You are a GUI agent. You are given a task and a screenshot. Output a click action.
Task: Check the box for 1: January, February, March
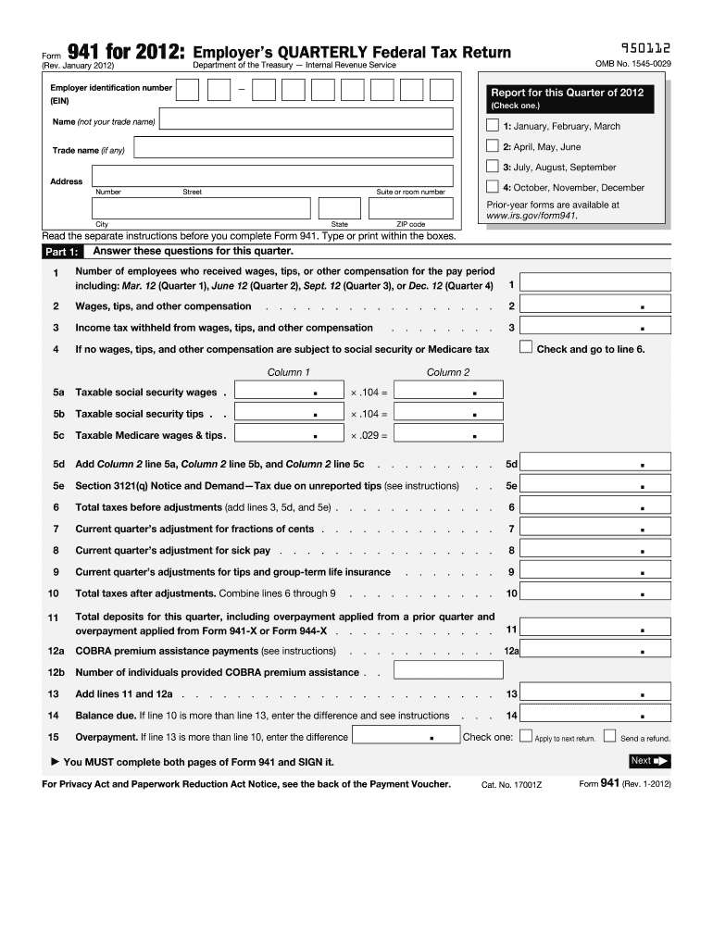[x=492, y=126]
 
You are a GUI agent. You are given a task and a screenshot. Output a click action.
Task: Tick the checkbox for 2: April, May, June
[x=492, y=146]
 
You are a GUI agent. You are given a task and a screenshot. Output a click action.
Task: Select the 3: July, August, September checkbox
[x=492, y=167]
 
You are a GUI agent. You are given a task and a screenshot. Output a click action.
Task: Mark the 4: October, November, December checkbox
[x=492, y=187]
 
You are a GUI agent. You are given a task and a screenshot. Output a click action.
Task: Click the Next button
[x=649, y=761]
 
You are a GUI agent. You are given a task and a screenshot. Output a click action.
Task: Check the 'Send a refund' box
[x=609, y=737]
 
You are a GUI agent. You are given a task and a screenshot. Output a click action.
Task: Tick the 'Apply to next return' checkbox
[x=526, y=737]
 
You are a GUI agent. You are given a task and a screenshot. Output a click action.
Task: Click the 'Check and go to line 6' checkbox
[x=526, y=348]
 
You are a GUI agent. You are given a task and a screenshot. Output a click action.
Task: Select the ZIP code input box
[x=411, y=207]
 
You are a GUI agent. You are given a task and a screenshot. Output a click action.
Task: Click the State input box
[x=340, y=207]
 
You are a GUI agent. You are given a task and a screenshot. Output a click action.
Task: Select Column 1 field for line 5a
[x=289, y=391]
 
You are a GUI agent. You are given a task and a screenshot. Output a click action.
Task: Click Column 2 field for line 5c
[x=448, y=434]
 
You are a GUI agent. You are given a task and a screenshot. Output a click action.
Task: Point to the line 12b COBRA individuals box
[x=429, y=671]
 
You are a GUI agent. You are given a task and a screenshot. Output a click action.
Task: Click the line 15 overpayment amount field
[x=407, y=736]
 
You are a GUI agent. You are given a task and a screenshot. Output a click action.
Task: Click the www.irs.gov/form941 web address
[x=532, y=216]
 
